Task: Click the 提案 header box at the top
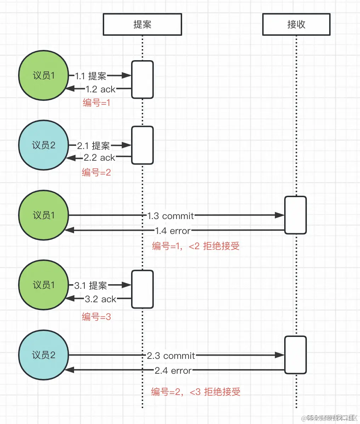tap(142, 24)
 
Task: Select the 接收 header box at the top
tap(296, 24)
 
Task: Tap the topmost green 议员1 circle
tap(43, 75)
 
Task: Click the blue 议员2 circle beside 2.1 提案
tap(43, 145)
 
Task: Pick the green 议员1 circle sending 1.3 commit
tap(43, 215)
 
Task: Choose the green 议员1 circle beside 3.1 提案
tap(43, 285)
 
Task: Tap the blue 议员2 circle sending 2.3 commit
tap(43, 355)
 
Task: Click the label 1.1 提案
tap(90, 76)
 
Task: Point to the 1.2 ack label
tap(101, 90)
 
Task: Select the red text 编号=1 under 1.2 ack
tap(96, 103)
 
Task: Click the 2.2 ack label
tap(100, 158)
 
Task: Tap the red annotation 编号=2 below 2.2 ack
tap(96, 172)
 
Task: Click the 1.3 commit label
tap(170, 216)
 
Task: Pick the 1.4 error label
tap(173, 231)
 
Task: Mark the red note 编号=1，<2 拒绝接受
tap(196, 246)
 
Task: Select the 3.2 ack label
tap(101, 299)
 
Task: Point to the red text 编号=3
tap(96, 317)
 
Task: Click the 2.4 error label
tap(173, 371)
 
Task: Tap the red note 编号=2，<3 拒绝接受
tap(196, 392)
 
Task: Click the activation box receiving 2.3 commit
tap(295, 355)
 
